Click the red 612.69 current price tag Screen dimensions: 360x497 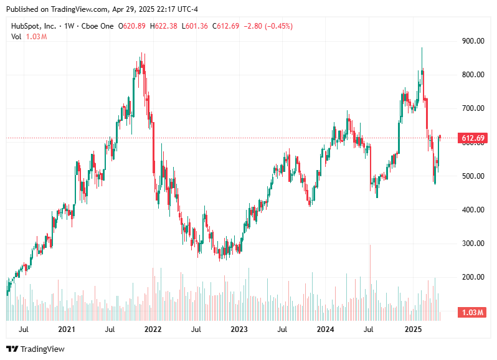point(473,138)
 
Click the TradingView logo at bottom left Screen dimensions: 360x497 point(35,349)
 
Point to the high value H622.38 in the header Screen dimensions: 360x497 point(164,26)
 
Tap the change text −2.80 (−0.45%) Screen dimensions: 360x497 point(267,26)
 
